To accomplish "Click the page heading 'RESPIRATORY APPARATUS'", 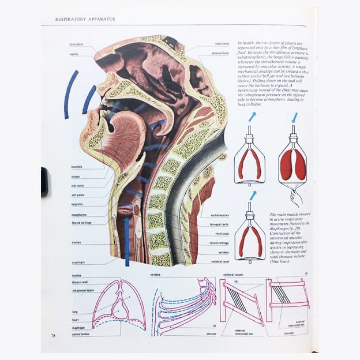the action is (85, 19).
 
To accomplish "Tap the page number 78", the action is (53, 335).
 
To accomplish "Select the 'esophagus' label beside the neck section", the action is (78, 262).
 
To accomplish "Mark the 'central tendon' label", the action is (80, 335).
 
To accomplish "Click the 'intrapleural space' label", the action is (83, 291).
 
